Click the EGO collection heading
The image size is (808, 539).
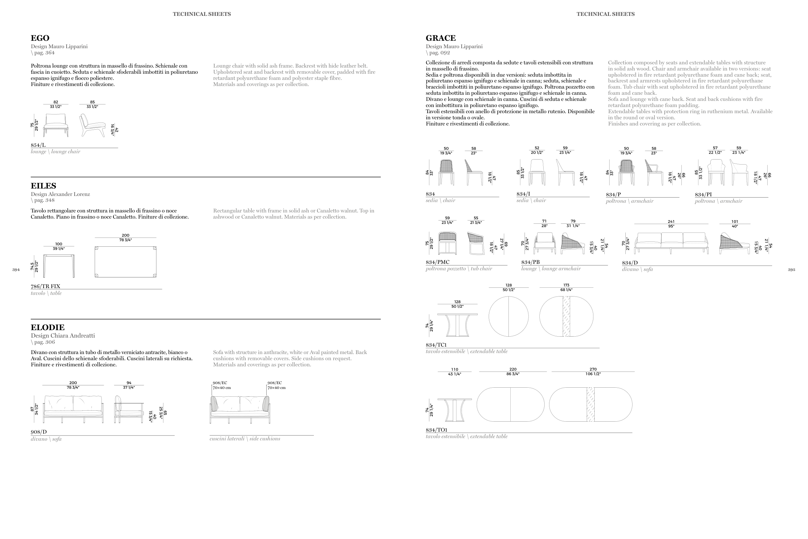40,38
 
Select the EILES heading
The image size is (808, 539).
43,186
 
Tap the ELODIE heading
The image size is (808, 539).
48,328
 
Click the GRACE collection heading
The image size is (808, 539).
441,38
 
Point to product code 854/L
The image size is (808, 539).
38,145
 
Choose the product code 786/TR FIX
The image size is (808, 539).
45,286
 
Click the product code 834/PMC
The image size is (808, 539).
437,262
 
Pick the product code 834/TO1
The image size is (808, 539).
436,430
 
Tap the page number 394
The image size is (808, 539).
16,270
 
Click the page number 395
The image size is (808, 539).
791,270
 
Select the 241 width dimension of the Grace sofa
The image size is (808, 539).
671,221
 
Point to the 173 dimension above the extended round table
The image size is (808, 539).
566,285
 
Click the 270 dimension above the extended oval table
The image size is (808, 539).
593,369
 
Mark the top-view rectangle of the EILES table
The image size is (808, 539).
125,262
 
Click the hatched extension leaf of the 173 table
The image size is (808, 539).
566,316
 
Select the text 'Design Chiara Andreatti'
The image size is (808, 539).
63,336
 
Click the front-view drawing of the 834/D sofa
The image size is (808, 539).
671,243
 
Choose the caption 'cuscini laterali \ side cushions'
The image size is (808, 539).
245,439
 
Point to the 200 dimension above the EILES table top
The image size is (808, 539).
125,235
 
